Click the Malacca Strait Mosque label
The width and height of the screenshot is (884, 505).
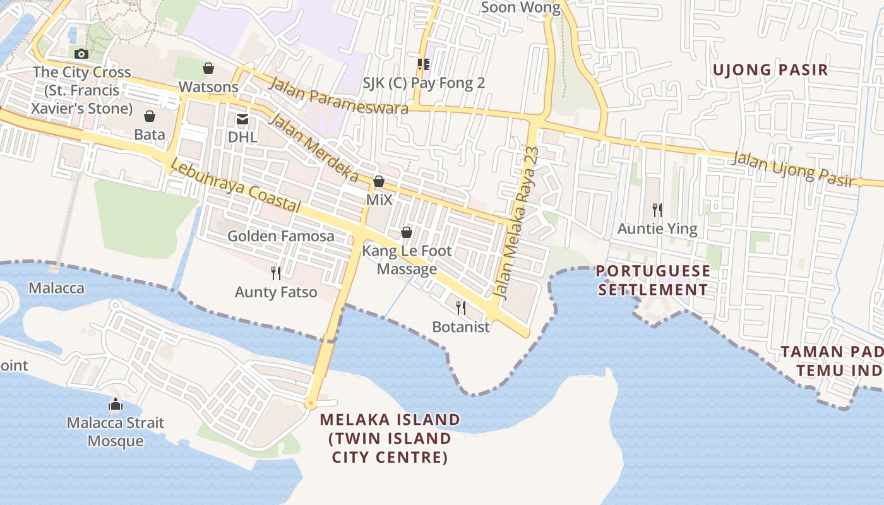click(x=116, y=432)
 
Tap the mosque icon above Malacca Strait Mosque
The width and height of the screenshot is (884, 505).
click(x=116, y=405)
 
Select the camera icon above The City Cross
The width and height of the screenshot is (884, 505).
click(x=81, y=54)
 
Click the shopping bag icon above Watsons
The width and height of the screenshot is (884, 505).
click(x=208, y=68)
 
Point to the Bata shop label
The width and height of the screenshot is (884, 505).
click(x=150, y=134)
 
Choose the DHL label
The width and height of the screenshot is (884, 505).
click(x=242, y=137)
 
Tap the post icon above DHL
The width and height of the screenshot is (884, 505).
click(x=242, y=119)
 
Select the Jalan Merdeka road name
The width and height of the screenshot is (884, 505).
click(x=314, y=148)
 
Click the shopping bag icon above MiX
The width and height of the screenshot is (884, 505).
click(x=379, y=182)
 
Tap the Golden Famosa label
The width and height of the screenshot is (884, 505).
click(x=281, y=236)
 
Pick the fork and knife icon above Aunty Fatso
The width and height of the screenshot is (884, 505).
click(x=276, y=273)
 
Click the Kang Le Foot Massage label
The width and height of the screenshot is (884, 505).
click(x=407, y=260)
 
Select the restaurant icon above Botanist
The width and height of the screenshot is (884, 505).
click(x=461, y=308)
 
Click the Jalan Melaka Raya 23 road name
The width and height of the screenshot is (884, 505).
click(x=518, y=222)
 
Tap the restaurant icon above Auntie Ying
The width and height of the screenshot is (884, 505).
click(x=657, y=210)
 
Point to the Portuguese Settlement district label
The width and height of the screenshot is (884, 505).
click(x=653, y=280)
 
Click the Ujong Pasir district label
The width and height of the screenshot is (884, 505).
click(x=770, y=69)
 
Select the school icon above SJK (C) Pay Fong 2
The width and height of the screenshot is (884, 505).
click(x=423, y=64)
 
